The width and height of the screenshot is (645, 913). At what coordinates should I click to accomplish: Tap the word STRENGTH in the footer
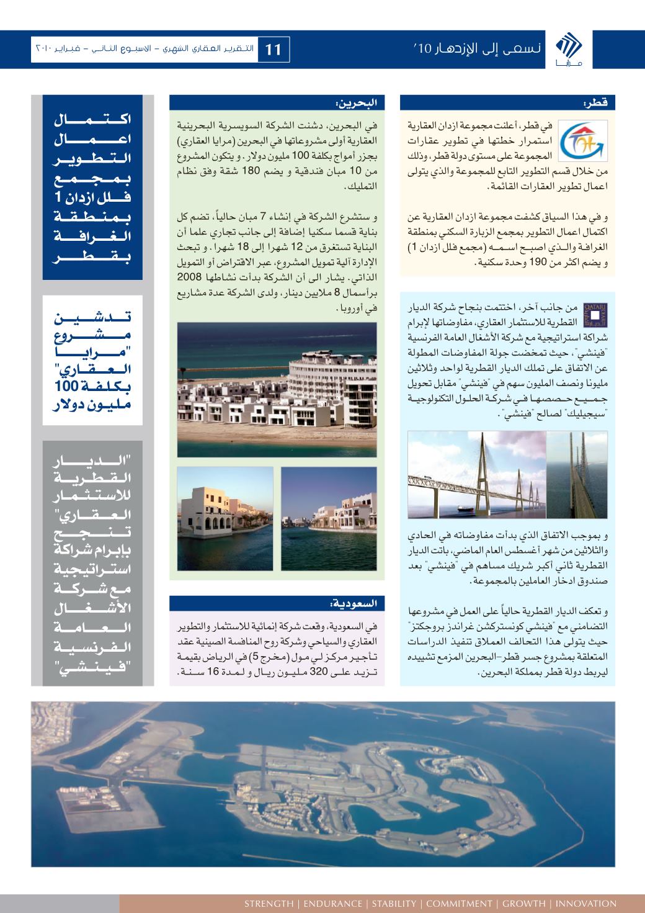268,903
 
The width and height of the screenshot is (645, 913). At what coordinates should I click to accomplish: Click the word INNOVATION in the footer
587,903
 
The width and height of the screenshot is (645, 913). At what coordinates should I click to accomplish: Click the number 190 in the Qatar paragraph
492,263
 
